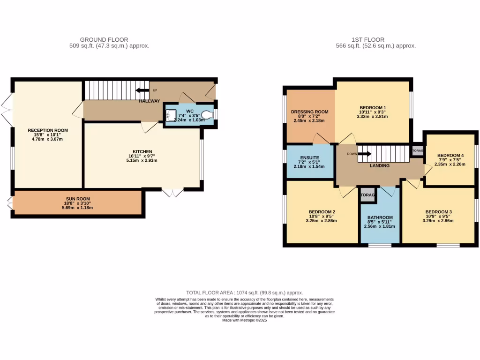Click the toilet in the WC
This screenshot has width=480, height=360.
[x=206, y=113]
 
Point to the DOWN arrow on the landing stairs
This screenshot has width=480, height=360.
[x=365, y=154]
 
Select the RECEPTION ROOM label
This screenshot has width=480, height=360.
[x=48, y=130]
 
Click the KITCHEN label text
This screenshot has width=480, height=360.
[x=142, y=151]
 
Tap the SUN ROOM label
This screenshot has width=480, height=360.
[x=77, y=199]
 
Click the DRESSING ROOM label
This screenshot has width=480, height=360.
[x=309, y=112]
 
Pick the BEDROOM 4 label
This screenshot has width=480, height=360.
[x=450, y=156]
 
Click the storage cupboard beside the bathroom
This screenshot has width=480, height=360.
[x=368, y=195]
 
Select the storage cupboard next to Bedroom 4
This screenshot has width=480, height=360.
[x=417, y=150]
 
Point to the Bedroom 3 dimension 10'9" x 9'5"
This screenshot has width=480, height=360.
[x=438, y=216]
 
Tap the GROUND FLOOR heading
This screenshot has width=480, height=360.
[x=104, y=40]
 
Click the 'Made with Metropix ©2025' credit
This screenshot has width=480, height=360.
[x=244, y=321]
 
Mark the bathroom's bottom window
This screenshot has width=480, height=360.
[x=380, y=245]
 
